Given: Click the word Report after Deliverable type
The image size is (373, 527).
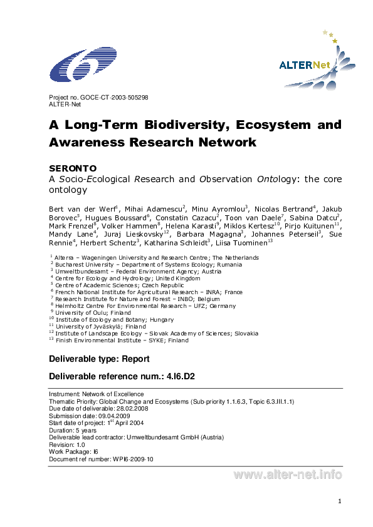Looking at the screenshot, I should [135, 359].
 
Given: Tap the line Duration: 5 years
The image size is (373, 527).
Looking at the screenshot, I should [73, 430].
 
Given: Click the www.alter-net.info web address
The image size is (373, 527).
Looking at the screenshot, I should [288, 474].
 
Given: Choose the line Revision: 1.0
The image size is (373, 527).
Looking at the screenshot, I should [67, 444].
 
